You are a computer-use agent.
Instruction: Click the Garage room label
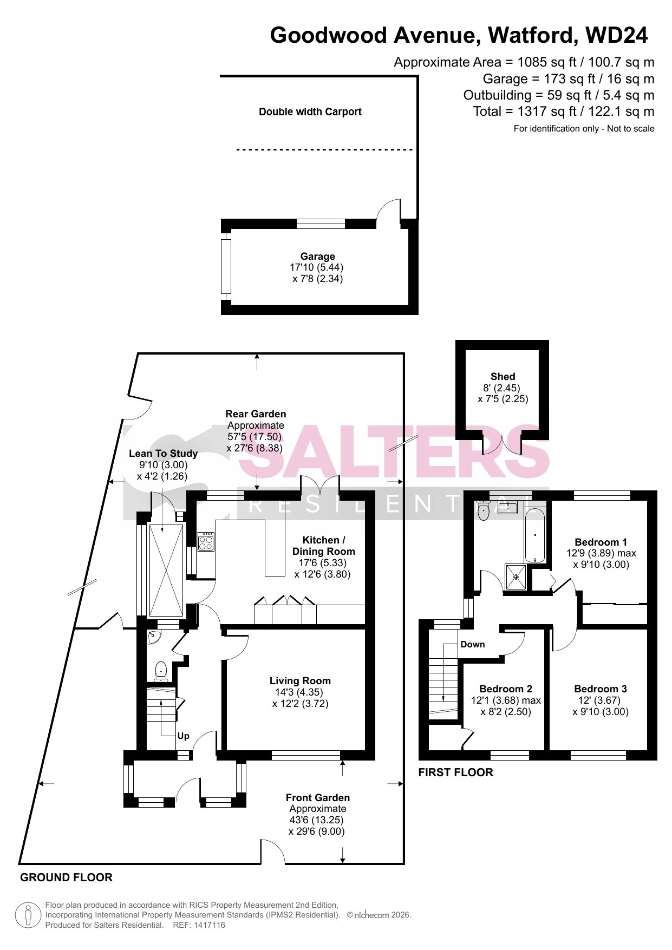click(x=318, y=257)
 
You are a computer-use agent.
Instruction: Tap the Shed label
click(x=503, y=377)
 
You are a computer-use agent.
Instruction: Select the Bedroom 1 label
click(x=601, y=542)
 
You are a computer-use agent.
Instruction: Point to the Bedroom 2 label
click(x=506, y=689)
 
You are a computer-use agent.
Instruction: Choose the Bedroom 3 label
click(x=601, y=689)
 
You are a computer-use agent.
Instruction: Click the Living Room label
click(x=300, y=681)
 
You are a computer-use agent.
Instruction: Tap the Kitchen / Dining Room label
click(x=324, y=546)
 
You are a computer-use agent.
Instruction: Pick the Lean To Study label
click(x=163, y=454)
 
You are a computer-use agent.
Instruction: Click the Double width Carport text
click(x=310, y=112)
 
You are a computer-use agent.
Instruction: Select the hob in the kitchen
click(x=206, y=542)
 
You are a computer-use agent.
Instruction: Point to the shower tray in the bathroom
click(x=516, y=577)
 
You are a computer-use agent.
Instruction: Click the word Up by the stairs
click(x=184, y=736)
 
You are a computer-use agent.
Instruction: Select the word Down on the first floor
click(x=473, y=645)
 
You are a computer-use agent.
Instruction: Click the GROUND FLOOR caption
click(x=66, y=877)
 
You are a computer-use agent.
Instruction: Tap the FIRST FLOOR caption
click(x=456, y=772)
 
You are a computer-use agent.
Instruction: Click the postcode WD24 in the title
click(x=616, y=35)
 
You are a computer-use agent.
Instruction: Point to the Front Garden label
click(x=318, y=798)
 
